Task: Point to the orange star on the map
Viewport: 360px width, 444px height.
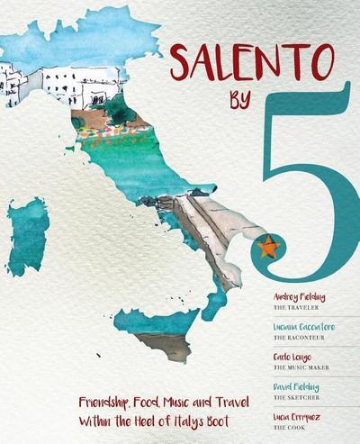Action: point(268,244)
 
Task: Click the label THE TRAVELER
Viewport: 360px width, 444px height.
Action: point(292,307)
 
